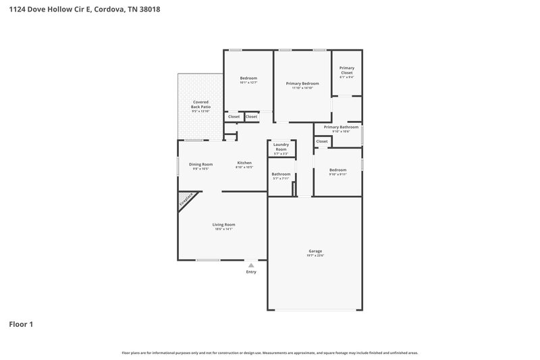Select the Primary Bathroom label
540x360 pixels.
point(341,127)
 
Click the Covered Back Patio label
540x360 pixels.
point(200,104)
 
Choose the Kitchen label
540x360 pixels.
point(244,163)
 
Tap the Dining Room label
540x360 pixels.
point(200,164)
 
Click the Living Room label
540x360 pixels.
point(224,224)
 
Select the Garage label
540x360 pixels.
point(315,251)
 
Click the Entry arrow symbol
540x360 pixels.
point(251,265)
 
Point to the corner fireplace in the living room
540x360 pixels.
point(186,200)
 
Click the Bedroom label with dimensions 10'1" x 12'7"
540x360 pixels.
point(248,78)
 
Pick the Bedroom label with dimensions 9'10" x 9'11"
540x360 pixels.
point(337,170)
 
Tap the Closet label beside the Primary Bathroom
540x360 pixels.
point(322,141)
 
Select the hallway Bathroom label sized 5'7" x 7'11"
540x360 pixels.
point(281,174)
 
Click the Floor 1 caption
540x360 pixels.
point(20,324)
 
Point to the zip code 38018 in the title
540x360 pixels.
point(151,10)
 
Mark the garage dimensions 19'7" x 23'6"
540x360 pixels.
point(315,256)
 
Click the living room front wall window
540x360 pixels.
point(207,260)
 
